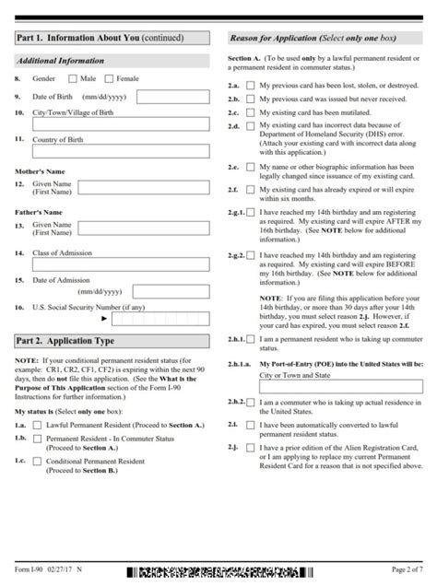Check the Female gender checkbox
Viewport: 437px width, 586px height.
coord(111,79)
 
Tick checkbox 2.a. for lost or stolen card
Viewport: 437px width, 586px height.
coord(250,85)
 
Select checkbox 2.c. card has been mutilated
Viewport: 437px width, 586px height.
coord(250,111)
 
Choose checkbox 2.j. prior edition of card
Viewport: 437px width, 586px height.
coord(250,472)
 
